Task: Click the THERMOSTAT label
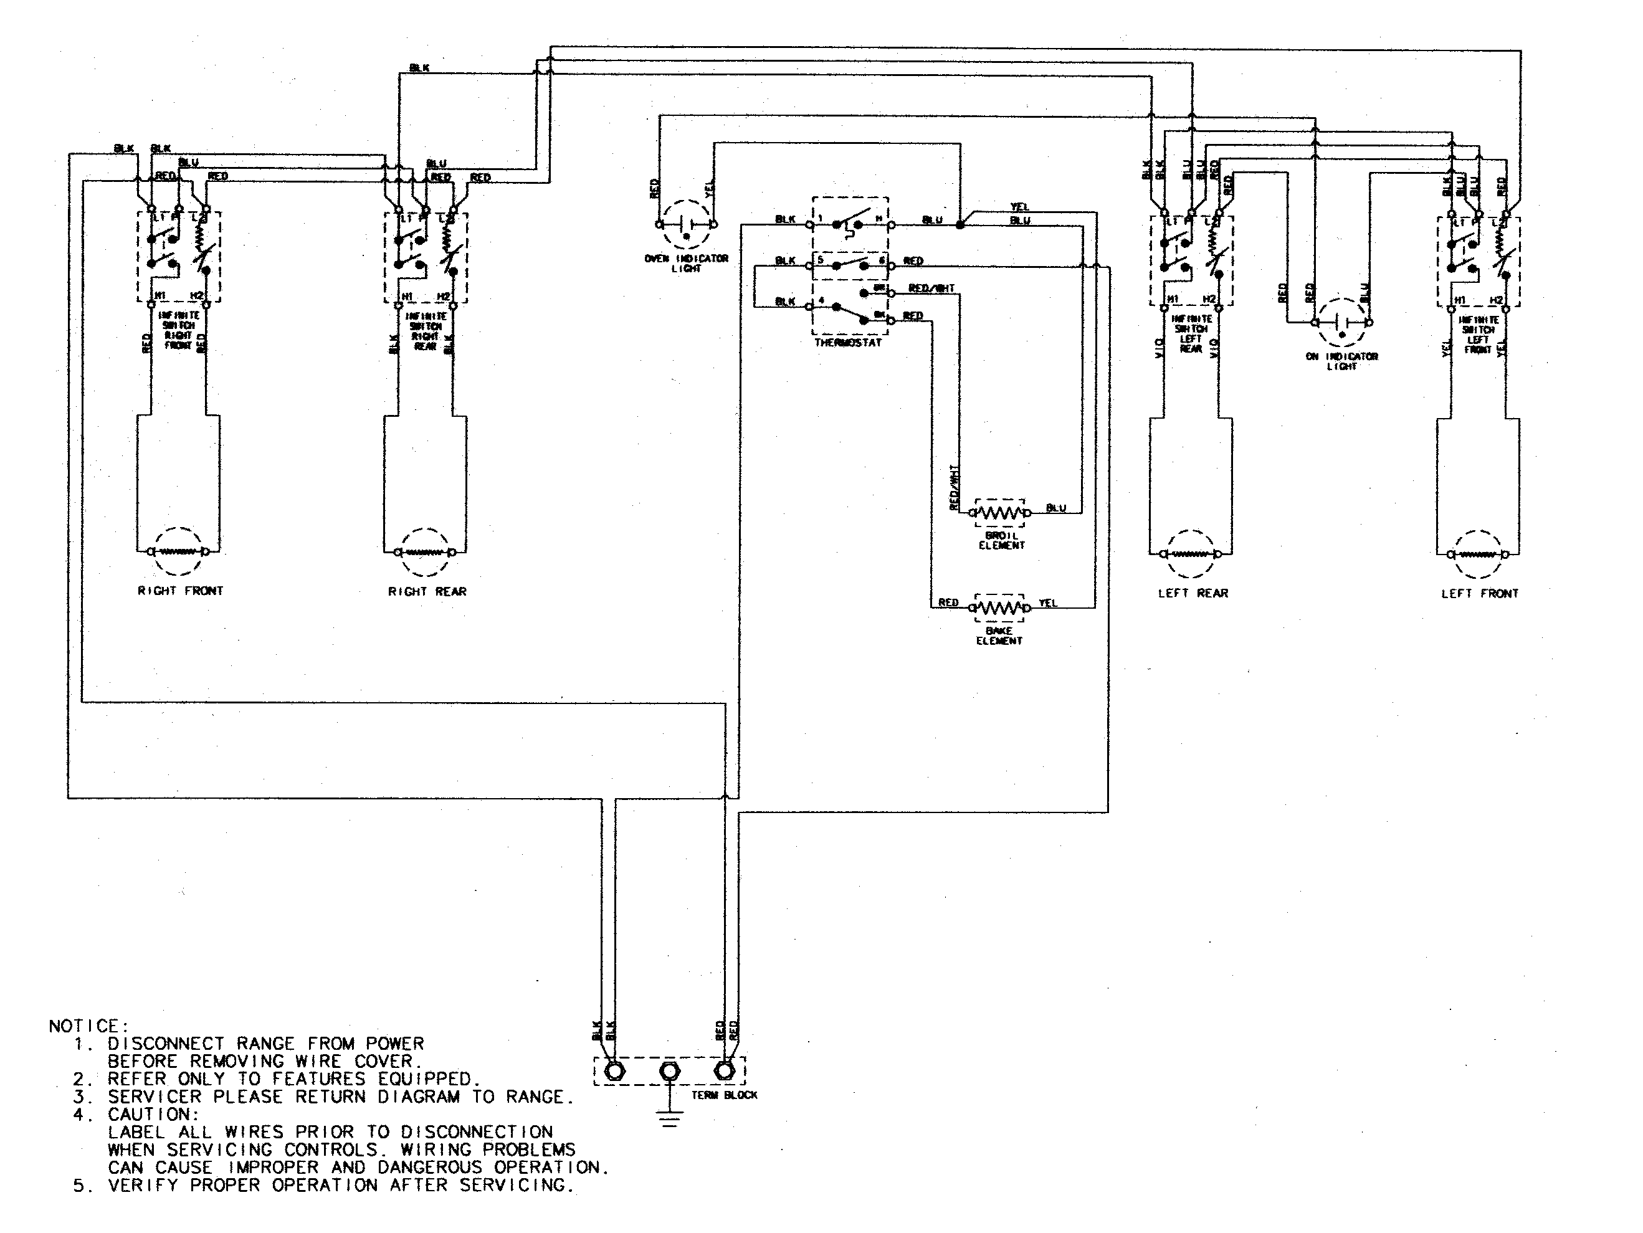pyautogui.click(x=847, y=343)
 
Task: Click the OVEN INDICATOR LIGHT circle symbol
pyautogui.click(x=687, y=224)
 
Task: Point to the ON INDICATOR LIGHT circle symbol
pyautogui.click(x=1342, y=322)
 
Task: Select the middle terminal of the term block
pyautogui.click(x=669, y=1072)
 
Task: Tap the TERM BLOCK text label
pyautogui.click(x=724, y=1095)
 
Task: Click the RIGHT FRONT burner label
pyautogui.click(x=181, y=591)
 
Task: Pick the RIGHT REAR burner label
pyautogui.click(x=427, y=591)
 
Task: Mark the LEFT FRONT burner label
pyautogui.click(x=1480, y=594)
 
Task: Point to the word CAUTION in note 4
pyautogui.click(x=153, y=1114)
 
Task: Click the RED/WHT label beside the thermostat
pyautogui.click(x=931, y=288)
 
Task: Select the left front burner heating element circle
pyautogui.click(x=1478, y=554)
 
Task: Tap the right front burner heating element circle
pyautogui.click(x=179, y=551)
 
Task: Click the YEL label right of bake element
pyautogui.click(x=1047, y=603)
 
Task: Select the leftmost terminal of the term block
pyautogui.click(x=615, y=1072)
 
